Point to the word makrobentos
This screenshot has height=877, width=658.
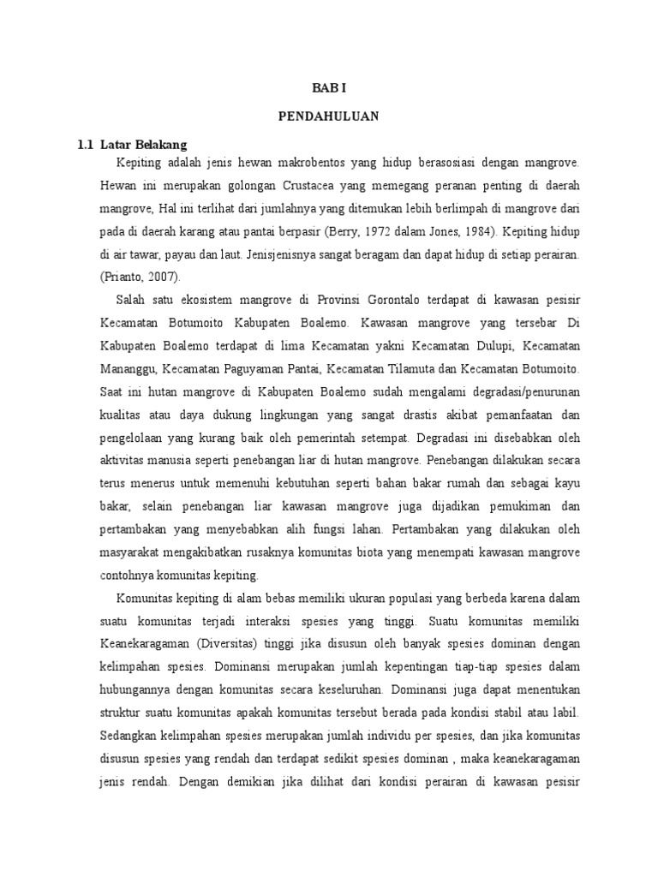pyautogui.click(x=303, y=161)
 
